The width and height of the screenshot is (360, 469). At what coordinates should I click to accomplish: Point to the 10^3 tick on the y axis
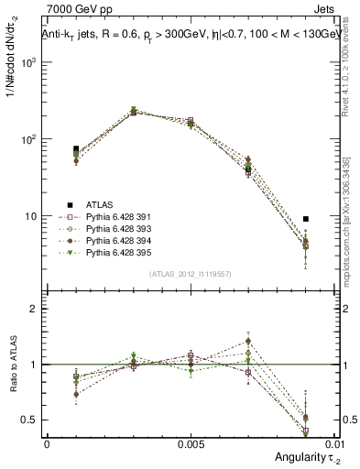pos(30,62)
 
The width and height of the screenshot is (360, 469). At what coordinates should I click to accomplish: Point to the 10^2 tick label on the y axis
pos(30,139)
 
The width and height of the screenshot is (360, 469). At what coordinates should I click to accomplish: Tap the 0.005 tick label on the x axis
pos(190,443)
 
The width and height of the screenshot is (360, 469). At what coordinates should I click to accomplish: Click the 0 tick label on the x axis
pos(47,443)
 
